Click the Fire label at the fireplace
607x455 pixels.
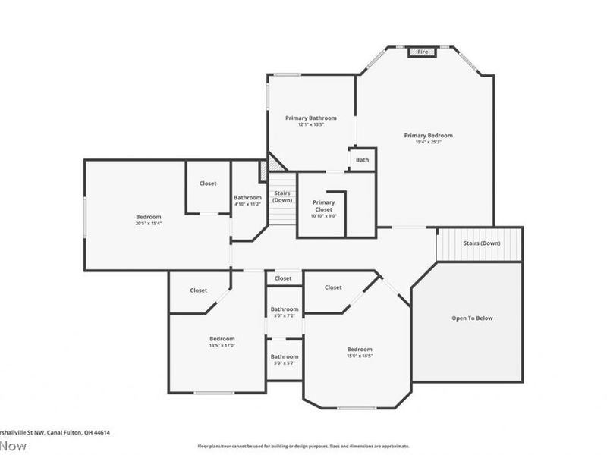(423, 52)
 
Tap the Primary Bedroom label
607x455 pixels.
(428, 135)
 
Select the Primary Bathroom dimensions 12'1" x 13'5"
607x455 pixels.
(310, 125)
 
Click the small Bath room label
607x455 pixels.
(363, 159)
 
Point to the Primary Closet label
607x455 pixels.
(324, 206)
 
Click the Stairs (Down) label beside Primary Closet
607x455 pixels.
(282, 196)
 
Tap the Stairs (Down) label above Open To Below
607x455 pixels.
(482, 243)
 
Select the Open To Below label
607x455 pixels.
(472, 318)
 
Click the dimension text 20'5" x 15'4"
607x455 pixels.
(149, 223)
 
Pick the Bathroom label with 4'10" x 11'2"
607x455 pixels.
(247, 198)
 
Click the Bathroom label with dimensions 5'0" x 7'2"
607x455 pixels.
(285, 309)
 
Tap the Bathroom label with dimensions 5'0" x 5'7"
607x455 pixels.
(285, 356)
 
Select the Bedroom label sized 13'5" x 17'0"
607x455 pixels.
(222, 338)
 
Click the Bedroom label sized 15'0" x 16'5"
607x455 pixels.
(360, 349)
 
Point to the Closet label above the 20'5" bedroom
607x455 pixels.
(208, 184)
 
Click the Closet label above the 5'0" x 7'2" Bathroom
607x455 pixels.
(283, 278)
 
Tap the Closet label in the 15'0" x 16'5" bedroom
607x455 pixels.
(333, 287)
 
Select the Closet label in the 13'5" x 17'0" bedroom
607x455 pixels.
(199, 290)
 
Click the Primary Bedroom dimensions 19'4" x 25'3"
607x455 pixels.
(428, 142)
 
